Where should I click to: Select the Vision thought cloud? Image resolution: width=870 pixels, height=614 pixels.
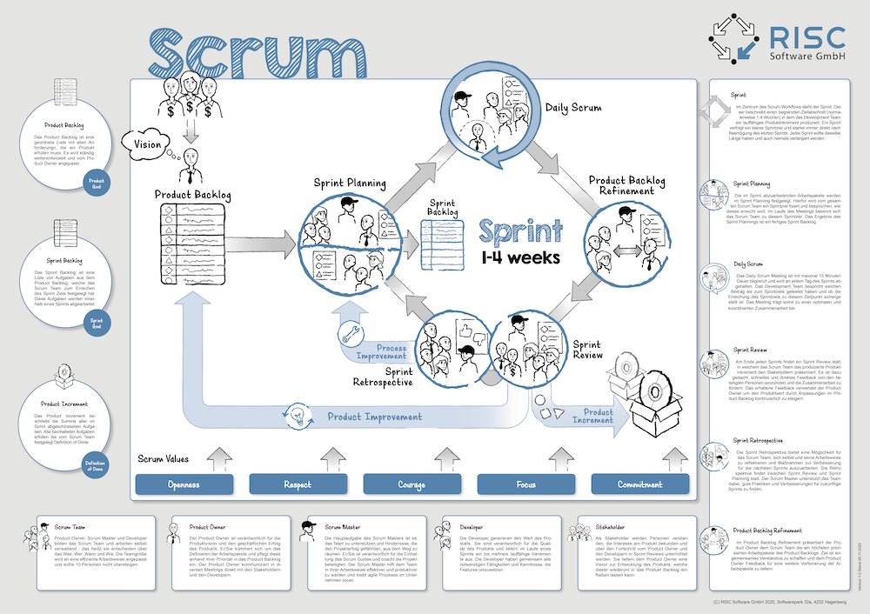[x=146, y=143]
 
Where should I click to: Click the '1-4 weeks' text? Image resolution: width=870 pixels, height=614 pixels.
[x=520, y=258]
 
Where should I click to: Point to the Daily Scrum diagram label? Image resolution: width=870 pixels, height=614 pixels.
[x=575, y=108]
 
